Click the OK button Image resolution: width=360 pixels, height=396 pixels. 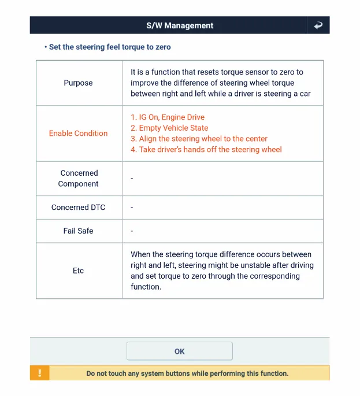click(x=179, y=351)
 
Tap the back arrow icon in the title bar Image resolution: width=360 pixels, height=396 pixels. click(x=318, y=25)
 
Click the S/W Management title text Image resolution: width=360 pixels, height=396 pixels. click(x=180, y=25)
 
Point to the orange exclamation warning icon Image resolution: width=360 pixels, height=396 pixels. click(x=39, y=373)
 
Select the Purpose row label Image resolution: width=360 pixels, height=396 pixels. click(x=78, y=83)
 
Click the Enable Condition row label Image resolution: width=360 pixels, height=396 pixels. click(x=78, y=133)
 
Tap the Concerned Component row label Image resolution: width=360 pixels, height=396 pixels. click(x=78, y=178)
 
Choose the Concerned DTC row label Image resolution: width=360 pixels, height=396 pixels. click(x=78, y=207)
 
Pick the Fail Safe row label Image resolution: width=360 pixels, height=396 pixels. click(x=78, y=231)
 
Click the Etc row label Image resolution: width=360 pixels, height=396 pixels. click(x=78, y=271)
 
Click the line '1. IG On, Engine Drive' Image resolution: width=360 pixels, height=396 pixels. click(x=168, y=117)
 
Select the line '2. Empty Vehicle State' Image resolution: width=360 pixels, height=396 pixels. click(x=169, y=128)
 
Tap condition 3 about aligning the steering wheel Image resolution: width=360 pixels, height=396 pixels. click(x=199, y=139)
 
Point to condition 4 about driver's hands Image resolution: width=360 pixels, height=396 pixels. click(x=206, y=150)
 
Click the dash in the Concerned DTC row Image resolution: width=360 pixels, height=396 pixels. click(x=132, y=208)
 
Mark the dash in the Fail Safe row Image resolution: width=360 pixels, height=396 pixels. click(x=132, y=231)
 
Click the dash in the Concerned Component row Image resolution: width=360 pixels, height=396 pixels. click(x=132, y=179)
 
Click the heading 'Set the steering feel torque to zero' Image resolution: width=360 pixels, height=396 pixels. click(x=110, y=47)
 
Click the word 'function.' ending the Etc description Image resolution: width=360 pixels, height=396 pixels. click(x=146, y=287)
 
